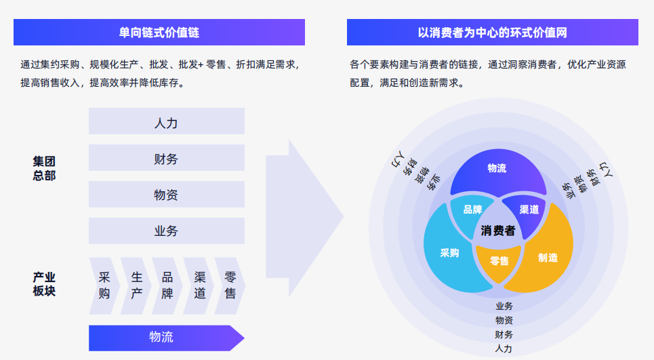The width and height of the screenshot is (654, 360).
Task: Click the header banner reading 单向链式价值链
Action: point(159,32)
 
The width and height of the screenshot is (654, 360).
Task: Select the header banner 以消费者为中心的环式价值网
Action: point(492,32)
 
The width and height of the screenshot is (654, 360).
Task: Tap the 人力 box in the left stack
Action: point(166,123)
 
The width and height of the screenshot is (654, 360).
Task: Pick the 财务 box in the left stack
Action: point(166,159)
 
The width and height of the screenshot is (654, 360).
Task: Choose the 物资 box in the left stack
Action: point(166,195)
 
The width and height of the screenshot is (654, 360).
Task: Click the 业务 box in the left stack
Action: point(166,231)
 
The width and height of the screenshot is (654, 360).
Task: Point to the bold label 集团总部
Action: point(44,168)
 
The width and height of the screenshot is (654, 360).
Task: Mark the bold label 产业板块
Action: point(44,284)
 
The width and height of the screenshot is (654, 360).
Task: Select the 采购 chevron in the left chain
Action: point(104,285)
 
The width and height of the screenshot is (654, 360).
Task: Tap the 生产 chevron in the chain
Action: point(136,285)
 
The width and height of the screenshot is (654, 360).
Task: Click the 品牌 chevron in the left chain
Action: point(167,285)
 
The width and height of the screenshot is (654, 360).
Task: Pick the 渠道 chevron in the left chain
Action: point(199,285)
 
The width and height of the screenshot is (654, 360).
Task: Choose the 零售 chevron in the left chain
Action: point(230,285)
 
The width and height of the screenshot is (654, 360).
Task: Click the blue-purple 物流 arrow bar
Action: point(163,337)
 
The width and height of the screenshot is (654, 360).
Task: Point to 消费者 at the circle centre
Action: point(498,231)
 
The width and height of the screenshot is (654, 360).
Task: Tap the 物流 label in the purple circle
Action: point(497,168)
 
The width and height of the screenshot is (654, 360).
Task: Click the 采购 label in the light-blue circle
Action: point(449,253)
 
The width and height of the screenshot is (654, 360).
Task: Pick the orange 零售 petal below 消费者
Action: point(499,260)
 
